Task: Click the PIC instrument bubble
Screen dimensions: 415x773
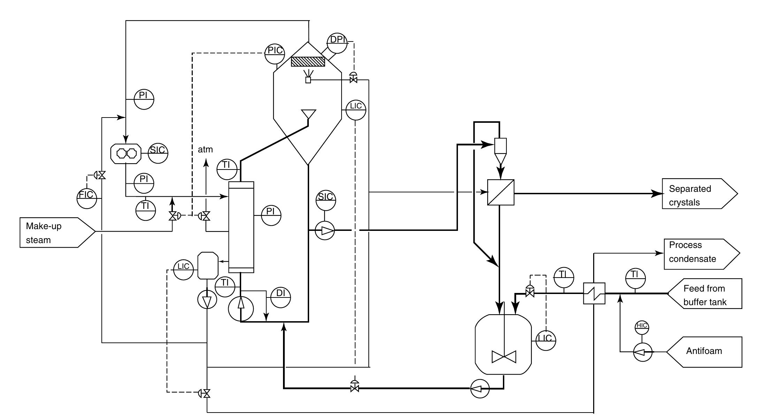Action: (x=275, y=54)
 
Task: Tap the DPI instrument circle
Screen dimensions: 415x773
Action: (x=337, y=43)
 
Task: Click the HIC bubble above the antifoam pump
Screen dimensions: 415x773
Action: (x=642, y=327)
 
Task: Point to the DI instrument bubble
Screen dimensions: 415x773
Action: (x=281, y=297)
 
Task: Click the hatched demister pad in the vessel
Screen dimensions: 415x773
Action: (x=308, y=62)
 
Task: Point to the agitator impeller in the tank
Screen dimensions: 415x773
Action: (x=504, y=357)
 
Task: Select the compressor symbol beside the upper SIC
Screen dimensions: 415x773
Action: (x=126, y=153)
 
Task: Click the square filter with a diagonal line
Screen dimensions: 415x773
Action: (x=500, y=192)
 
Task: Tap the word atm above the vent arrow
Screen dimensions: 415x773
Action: (x=205, y=150)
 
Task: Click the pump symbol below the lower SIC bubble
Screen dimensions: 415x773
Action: (x=325, y=231)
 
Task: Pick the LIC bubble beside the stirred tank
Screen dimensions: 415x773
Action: (x=545, y=340)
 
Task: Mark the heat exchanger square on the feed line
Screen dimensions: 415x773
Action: (x=594, y=293)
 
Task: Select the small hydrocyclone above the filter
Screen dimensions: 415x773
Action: (x=500, y=150)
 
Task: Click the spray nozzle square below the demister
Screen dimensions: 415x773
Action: (x=308, y=80)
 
